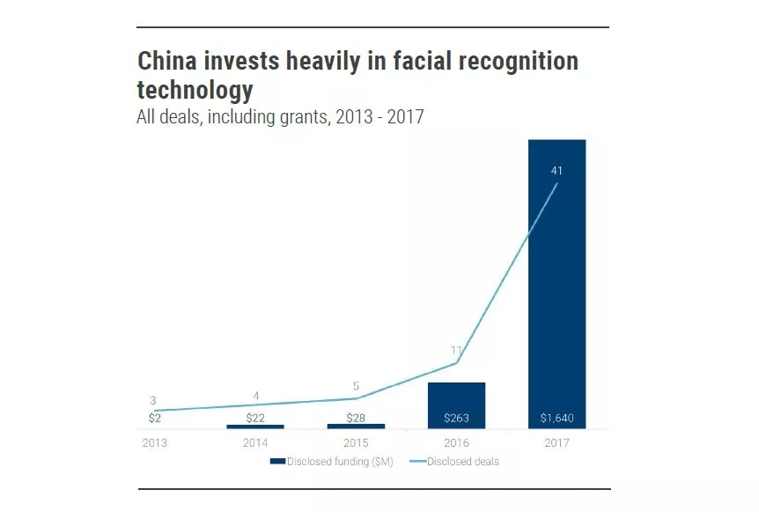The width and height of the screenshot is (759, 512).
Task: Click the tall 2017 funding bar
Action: [x=556, y=282]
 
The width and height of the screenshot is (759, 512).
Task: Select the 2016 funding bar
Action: [x=456, y=401]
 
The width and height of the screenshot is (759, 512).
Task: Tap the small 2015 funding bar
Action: [x=356, y=427]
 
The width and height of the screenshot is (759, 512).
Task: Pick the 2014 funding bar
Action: [x=255, y=427]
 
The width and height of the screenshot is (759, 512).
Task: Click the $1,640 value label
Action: [x=556, y=418]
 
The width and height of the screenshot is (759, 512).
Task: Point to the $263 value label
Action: [x=456, y=418]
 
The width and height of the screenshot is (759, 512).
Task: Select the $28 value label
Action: [x=356, y=417]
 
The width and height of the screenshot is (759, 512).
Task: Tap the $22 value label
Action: [x=255, y=417]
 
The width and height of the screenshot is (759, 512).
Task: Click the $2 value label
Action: [x=155, y=417]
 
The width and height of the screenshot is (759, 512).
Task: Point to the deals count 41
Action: [x=556, y=170]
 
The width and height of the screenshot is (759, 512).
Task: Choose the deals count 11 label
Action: [x=456, y=350]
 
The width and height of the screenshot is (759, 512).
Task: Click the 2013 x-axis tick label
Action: [x=155, y=443]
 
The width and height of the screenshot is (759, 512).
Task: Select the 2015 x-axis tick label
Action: [x=356, y=443]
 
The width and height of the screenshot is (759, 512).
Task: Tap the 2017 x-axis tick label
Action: [x=556, y=443]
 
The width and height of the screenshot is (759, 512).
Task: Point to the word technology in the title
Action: [x=195, y=90]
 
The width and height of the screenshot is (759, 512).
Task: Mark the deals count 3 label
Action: [x=153, y=401]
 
